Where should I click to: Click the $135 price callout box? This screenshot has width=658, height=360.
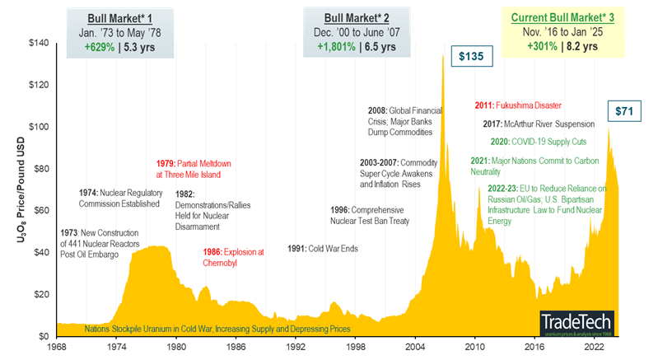(473, 57)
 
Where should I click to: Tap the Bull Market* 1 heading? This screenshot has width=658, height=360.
(124, 17)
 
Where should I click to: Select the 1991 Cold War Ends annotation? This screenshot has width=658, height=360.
(322, 248)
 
